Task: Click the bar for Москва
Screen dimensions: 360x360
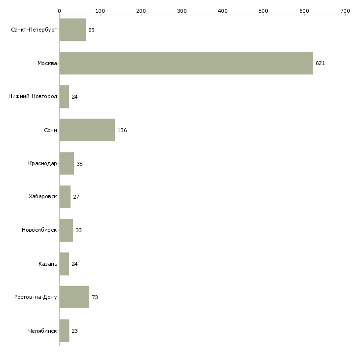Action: tap(186, 63)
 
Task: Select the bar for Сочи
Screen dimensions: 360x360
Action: tap(87, 130)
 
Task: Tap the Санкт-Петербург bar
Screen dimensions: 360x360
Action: tap(72, 30)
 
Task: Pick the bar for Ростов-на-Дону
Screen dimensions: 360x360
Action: tap(74, 297)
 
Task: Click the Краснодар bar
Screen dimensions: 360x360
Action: tap(67, 163)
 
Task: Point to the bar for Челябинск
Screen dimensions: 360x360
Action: tap(64, 331)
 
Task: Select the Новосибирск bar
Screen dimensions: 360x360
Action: tap(66, 230)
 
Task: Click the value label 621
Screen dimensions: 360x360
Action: tap(321, 64)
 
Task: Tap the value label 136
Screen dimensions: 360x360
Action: tap(122, 130)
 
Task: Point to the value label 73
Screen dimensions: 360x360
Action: tap(95, 297)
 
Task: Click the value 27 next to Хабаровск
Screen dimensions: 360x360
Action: tap(76, 197)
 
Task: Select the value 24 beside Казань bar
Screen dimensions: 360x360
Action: tap(74, 264)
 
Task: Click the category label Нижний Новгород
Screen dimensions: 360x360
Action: tap(33, 97)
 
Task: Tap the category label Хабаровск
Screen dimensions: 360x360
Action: tap(43, 197)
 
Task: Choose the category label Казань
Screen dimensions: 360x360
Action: tap(48, 264)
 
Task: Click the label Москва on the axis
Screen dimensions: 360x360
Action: tap(47, 64)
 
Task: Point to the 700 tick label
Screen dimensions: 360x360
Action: tap(345, 10)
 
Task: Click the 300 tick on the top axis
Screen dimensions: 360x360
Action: tap(182, 10)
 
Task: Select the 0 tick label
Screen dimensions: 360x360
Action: tap(59, 10)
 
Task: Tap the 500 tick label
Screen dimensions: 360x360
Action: tap(263, 10)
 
